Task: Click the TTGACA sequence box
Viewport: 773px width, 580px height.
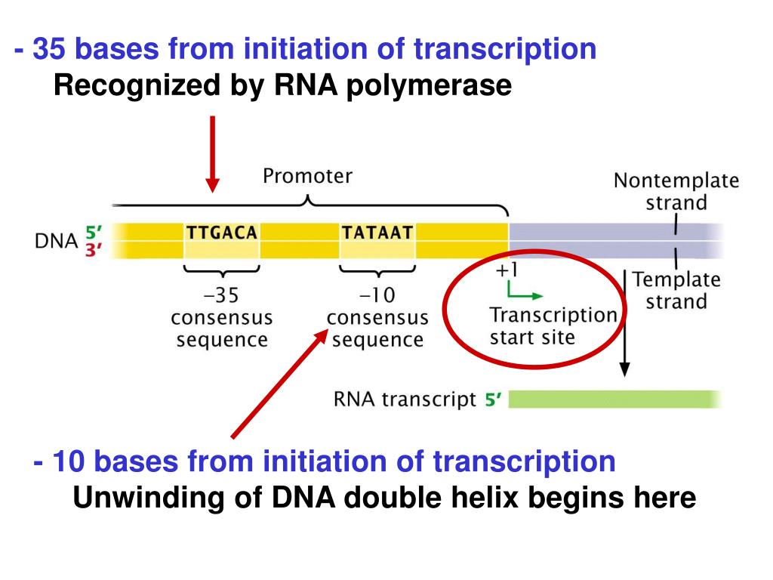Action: tap(222, 240)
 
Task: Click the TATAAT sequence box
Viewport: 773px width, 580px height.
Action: tap(377, 240)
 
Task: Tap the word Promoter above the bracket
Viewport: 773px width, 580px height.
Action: tap(308, 175)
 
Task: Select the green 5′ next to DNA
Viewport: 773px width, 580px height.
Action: tap(94, 232)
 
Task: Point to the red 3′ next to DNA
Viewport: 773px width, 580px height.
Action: tap(93, 250)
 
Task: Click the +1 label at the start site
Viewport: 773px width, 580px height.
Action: tap(507, 270)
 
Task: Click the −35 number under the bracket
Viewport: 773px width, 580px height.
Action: tap(221, 295)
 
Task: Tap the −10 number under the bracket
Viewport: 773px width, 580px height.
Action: tap(377, 295)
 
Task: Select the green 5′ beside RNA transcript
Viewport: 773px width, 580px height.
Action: tap(493, 399)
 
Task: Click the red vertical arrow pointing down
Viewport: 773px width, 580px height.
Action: tap(212, 154)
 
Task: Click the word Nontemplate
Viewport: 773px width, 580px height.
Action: tap(676, 180)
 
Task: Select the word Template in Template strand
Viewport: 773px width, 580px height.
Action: tap(676, 279)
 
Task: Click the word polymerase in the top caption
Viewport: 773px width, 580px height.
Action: tap(429, 86)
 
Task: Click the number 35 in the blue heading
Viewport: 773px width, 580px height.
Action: tap(49, 49)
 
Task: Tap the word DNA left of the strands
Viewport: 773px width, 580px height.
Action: tap(56, 241)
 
